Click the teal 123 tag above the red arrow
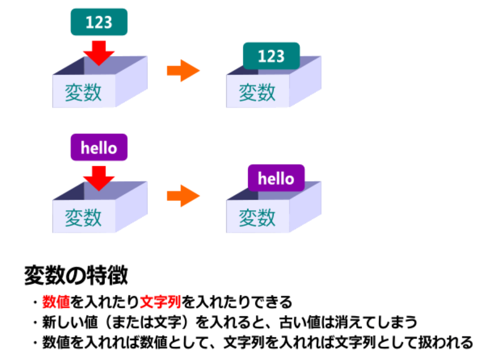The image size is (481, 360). (99, 22)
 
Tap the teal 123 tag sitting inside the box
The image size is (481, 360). (271, 56)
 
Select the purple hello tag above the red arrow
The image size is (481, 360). (99, 147)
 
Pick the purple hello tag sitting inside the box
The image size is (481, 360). (276, 178)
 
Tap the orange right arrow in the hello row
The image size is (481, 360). (183, 196)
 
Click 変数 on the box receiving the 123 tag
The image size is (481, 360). (83, 93)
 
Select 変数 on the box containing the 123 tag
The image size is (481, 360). (257, 93)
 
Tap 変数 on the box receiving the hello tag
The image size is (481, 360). (83, 217)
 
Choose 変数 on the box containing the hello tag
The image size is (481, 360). (257, 217)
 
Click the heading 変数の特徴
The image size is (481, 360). (76, 276)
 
